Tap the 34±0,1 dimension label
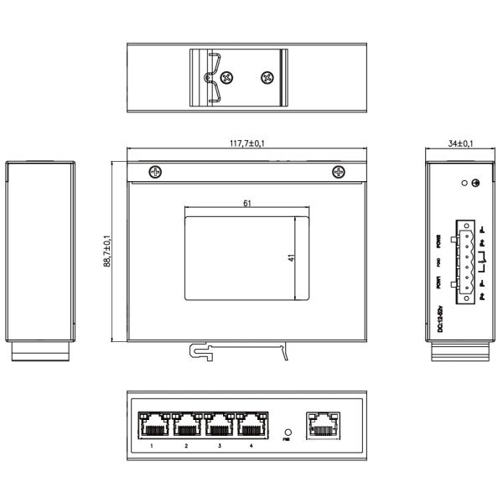point(459,143)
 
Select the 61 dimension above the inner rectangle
point(246,204)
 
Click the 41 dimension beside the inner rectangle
point(290,258)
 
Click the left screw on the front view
point(154,172)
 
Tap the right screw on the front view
point(339,172)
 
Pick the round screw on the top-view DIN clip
point(267,77)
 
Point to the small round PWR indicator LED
point(288,432)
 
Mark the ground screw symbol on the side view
point(476,183)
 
